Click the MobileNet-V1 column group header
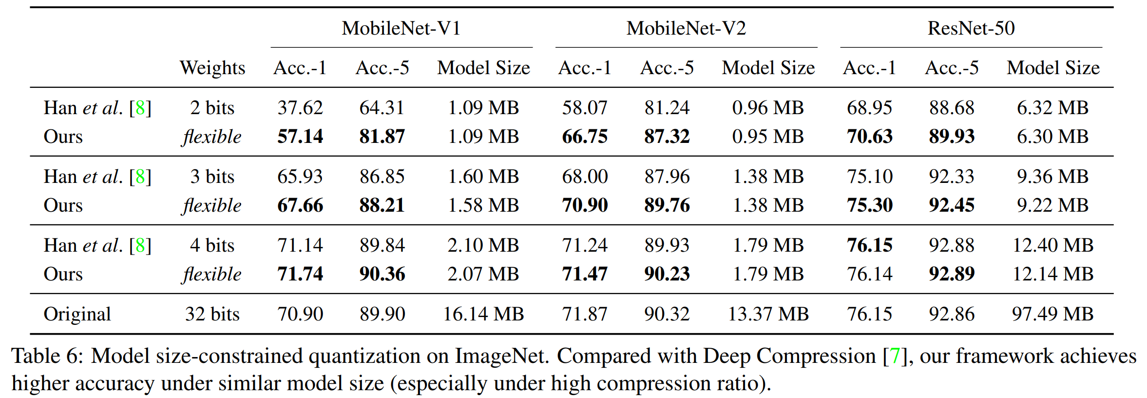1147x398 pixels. click(x=401, y=28)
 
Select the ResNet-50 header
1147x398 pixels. click(x=971, y=28)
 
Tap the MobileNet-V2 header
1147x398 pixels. click(x=686, y=28)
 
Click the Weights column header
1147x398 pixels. click(x=212, y=68)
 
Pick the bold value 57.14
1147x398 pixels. click(x=300, y=137)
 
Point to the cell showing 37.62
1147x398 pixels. click(x=300, y=108)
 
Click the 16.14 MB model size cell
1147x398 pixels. click(x=483, y=314)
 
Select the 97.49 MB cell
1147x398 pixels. click(x=1052, y=314)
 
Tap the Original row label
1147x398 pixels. click(x=77, y=314)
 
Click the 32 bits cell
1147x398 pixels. click(x=212, y=314)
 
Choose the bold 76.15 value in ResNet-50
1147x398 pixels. click(x=869, y=245)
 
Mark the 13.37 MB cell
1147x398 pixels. click(x=768, y=314)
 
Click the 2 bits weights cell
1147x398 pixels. click(x=212, y=108)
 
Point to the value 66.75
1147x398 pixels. click(x=585, y=137)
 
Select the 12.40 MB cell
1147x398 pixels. click(x=1052, y=245)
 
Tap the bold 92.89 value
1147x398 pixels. click(x=951, y=274)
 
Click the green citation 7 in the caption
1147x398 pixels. click(x=895, y=356)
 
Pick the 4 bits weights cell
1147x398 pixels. click(x=212, y=245)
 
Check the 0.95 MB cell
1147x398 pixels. click(x=768, y=137)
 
